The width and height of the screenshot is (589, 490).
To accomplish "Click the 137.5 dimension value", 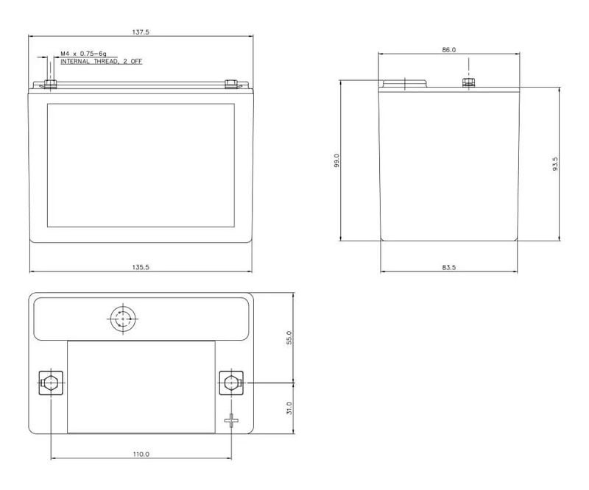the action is [141, 32].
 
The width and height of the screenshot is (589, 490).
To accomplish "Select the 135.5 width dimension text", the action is [141, 267].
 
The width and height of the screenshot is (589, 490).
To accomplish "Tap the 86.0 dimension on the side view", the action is [449, 49].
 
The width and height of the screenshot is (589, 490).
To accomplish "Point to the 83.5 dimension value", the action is [449, 267].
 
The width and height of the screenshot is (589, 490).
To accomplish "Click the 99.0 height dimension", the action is [336, 160].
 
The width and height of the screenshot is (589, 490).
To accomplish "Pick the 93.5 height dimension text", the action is [555, 164].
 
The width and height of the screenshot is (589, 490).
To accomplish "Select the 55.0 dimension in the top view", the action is [289, 338].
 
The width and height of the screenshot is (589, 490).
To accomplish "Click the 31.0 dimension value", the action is [289, 408].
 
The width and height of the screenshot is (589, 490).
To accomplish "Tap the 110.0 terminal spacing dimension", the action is [141, 454].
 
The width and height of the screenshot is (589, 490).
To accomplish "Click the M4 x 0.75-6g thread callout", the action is [83, 54].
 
